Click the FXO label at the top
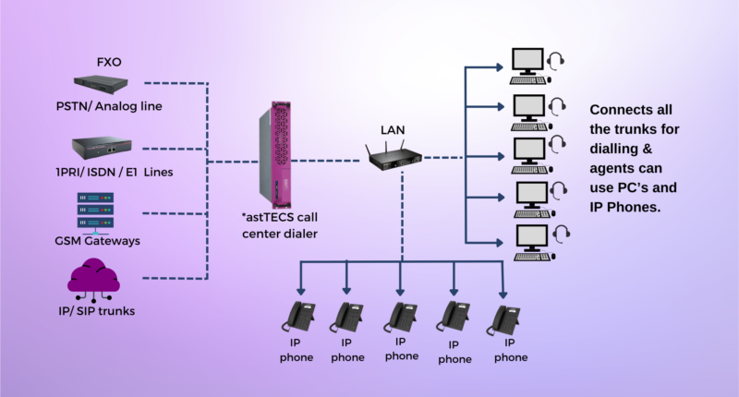click(x=111, y=63)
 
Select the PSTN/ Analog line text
click(x=108, y=106)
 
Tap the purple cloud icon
click(x=95, y=278)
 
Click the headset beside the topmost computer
click(x=557, y=62)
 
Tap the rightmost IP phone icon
click(x=503, y=318)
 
